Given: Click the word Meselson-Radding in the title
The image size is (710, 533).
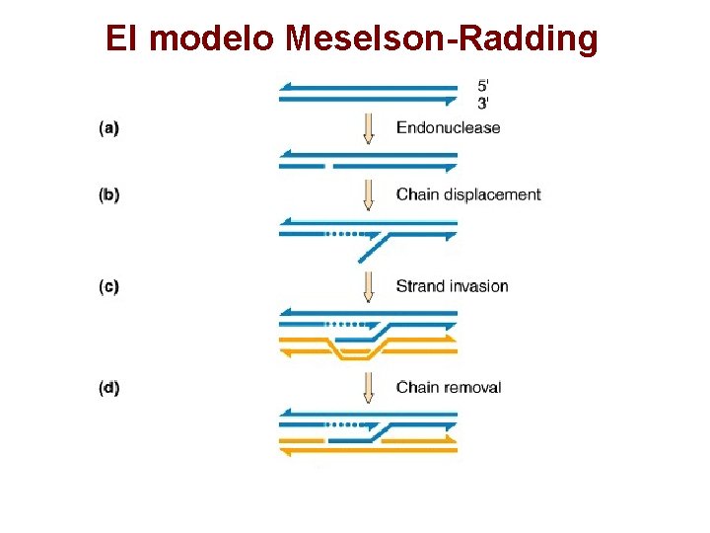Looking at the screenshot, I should click(442, 38).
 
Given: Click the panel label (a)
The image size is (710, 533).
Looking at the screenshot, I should click(109, 127).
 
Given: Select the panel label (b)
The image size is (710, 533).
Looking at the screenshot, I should click(109, 194).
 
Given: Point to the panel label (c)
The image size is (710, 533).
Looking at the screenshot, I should click(109, 287).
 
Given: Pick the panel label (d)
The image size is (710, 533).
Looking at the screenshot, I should click(109, 387).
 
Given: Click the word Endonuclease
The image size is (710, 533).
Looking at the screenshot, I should click(448, 127).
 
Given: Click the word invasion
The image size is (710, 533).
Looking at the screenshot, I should click(477, 287).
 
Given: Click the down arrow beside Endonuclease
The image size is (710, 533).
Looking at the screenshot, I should click(369, 128).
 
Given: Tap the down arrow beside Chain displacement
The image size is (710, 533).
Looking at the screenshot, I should click(369, 194).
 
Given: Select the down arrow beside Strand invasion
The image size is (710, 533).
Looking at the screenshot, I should click(369, 286).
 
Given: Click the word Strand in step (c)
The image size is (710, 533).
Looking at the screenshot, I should click(419, 287).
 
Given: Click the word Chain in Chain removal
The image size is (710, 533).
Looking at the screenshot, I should click(415, 387).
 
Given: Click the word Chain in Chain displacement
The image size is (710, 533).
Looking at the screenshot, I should click(415, 194).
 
